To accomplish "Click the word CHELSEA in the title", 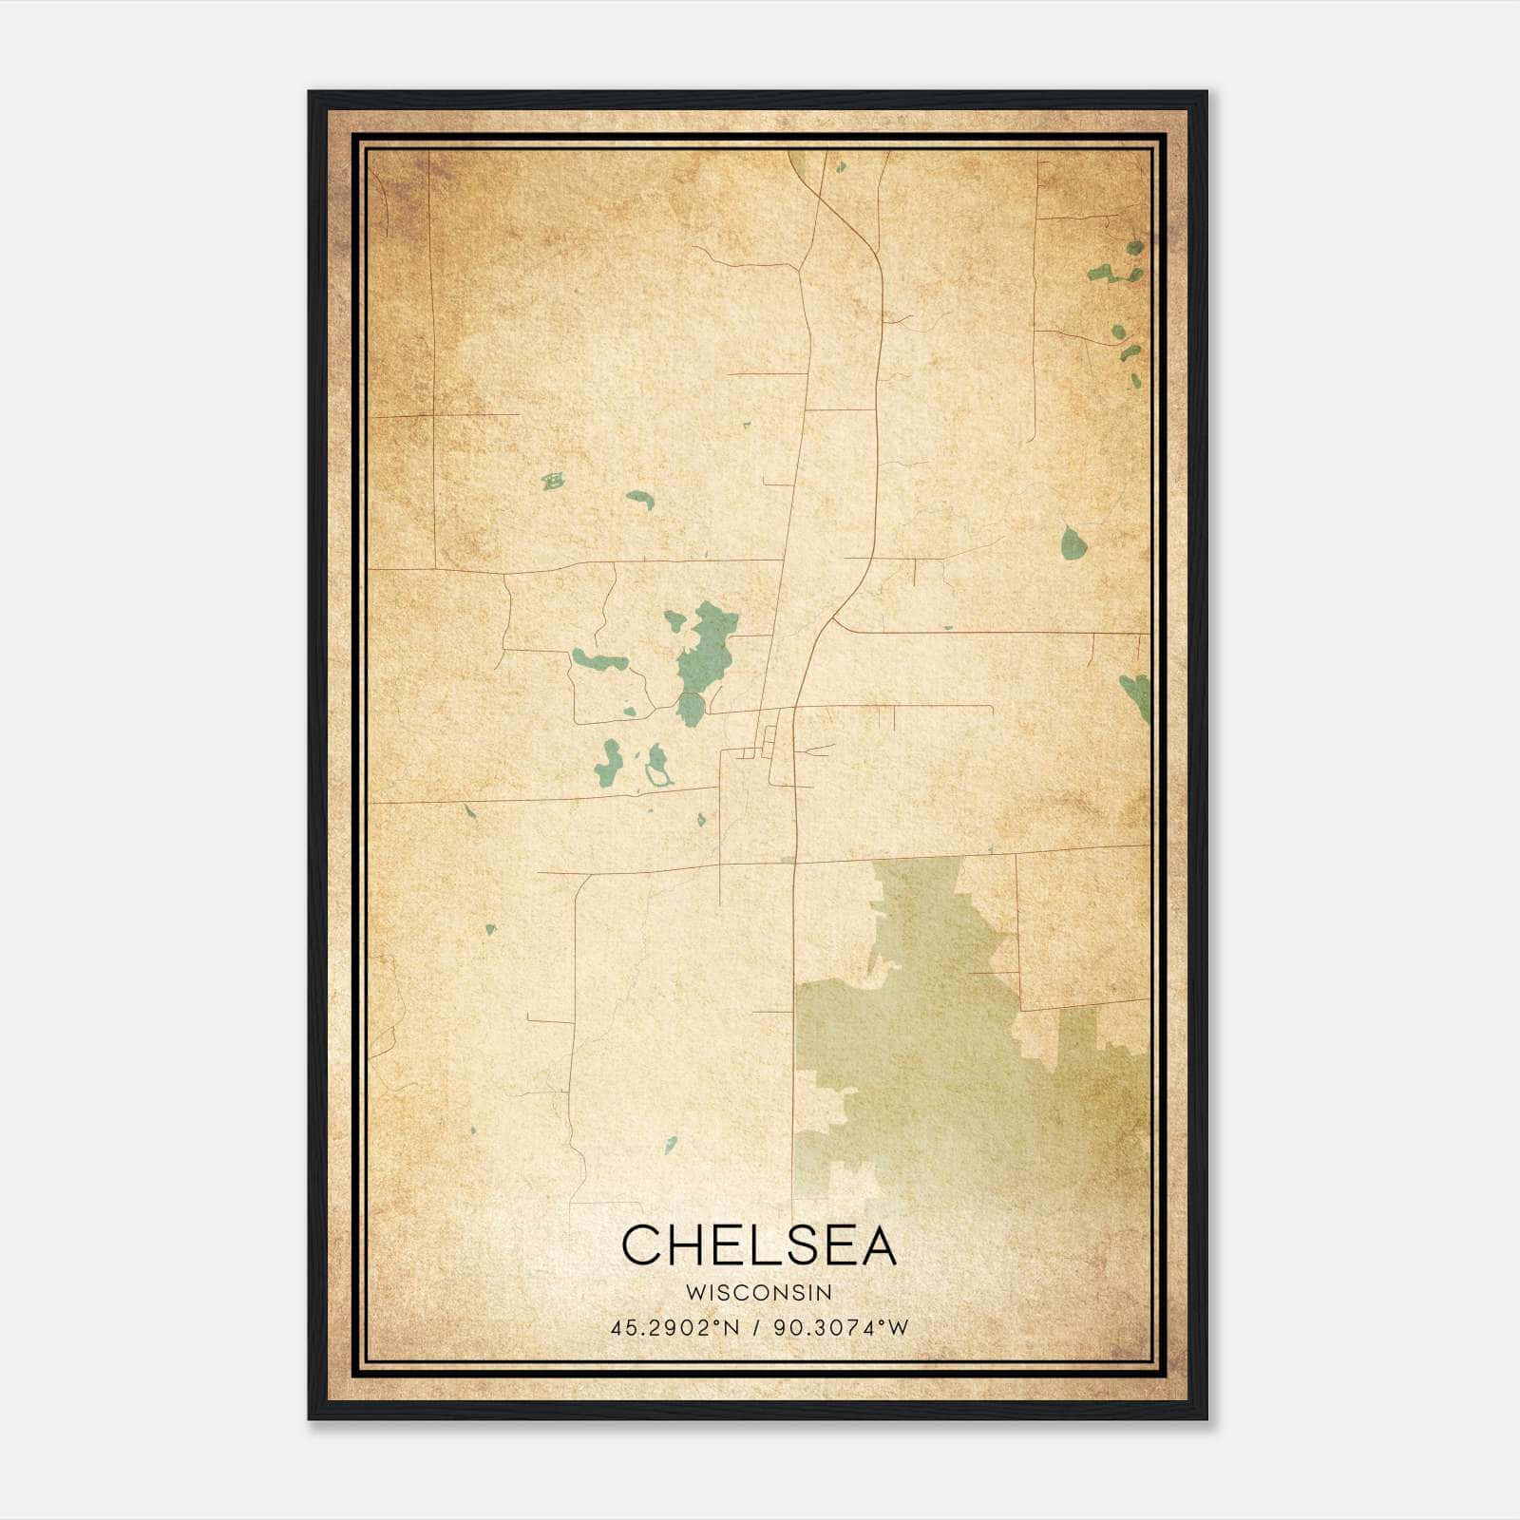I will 759,1245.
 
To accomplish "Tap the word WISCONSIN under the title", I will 759,1293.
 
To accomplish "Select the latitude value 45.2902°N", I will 674,1327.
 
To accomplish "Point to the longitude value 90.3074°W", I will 842,1327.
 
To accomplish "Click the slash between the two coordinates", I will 756,1327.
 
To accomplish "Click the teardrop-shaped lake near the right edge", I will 1073,544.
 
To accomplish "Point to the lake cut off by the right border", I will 1136,693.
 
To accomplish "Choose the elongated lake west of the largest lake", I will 598,659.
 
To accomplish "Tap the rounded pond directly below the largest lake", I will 691,709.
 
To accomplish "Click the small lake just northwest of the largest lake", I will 674,621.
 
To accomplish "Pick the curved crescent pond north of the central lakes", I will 639,498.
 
